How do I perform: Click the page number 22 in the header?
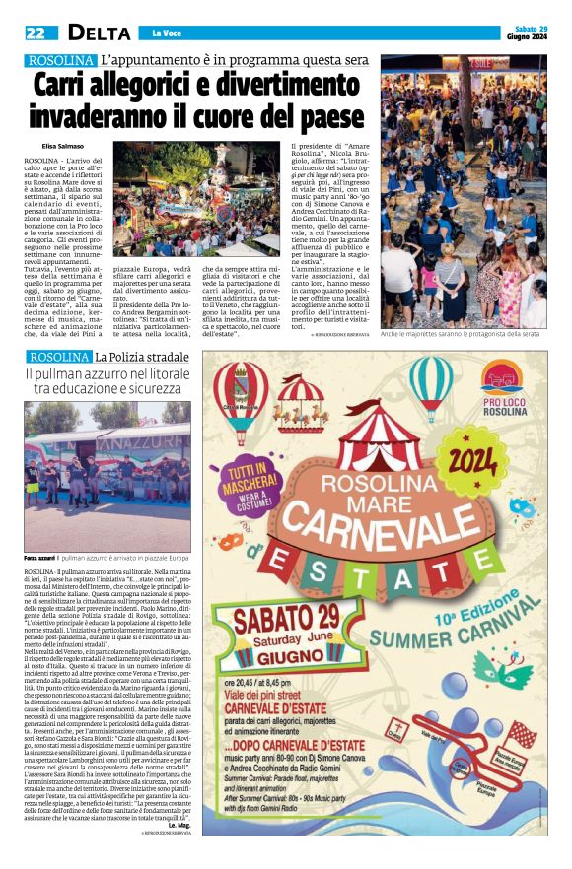pos(35,33)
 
